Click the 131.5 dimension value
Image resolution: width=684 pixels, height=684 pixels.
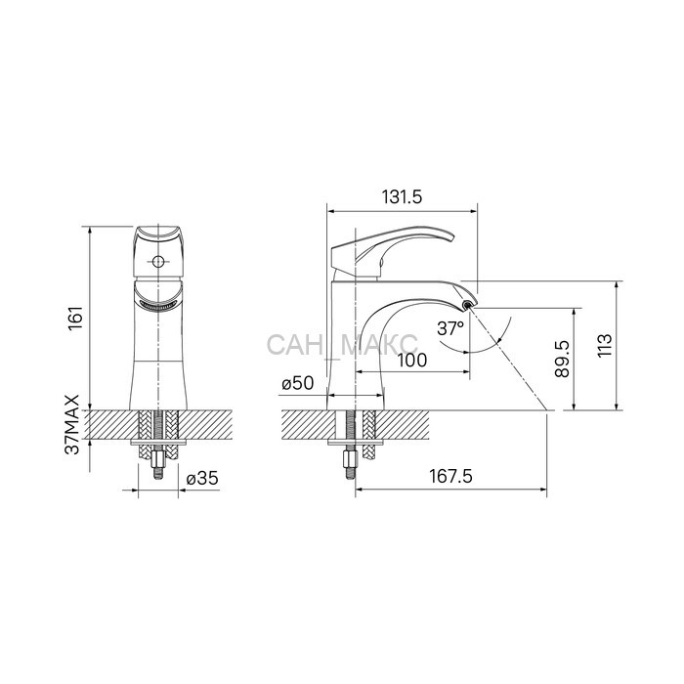coord(403,197)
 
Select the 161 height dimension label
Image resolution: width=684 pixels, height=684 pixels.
coord(75,319)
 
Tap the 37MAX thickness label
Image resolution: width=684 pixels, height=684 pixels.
coord(72,425)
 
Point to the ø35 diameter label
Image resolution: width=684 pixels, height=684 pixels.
coord(202,479)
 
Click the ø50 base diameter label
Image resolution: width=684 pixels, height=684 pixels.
coord(298,383)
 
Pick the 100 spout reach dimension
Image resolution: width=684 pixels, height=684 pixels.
coord(412,361)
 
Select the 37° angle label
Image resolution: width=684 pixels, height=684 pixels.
coord(450,328)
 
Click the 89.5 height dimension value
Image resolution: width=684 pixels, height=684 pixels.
coord(562,359)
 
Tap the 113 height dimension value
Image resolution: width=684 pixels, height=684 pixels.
coord(604,346)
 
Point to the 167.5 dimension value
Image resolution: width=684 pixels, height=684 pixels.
coord(451,476)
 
